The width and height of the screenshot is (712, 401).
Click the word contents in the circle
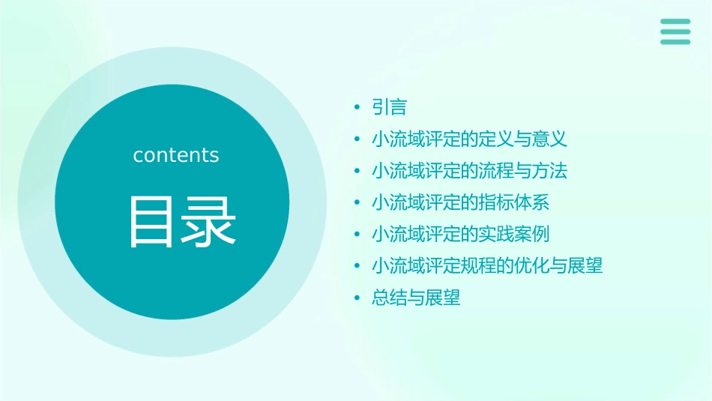coord(176,155)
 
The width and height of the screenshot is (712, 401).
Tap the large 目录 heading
coord(182,222)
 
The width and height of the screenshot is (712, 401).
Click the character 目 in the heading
coord(153,222)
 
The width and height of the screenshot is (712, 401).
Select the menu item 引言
coord(389,107)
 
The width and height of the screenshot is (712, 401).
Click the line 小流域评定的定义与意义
coord(469,139)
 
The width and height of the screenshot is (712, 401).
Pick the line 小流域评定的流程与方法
coord(469,170)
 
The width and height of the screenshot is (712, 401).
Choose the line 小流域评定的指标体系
coord(461,202)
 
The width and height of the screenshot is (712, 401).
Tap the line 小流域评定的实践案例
coord(461,234)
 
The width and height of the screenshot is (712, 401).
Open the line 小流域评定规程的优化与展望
coord(487,265)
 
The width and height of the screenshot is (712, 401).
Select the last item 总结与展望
coord(416,298)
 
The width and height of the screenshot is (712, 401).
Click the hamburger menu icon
coord(675,31)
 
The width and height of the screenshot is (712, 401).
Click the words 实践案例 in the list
coord(514,234)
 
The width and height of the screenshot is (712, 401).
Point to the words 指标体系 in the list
coord(514,202)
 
